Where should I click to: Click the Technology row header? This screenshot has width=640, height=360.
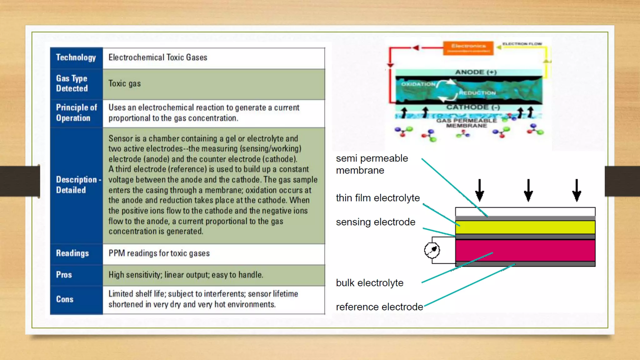(76, 57)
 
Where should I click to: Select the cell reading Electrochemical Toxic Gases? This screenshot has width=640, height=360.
(158, 57)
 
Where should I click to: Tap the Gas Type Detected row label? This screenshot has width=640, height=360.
(72, 83)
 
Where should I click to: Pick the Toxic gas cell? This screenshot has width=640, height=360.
(124, 84)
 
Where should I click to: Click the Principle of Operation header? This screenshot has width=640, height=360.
(76, 113)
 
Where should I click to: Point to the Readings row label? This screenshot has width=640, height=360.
(72, 253)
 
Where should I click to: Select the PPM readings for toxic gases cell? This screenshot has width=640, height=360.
(159, 253)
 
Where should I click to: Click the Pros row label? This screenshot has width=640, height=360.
(64, 275)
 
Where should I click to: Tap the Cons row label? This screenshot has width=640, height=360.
(65, 299)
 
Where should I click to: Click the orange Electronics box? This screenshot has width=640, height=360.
(468, 48)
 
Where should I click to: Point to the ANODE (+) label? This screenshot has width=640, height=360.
(476, 72)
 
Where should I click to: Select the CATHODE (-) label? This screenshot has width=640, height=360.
(473, 107)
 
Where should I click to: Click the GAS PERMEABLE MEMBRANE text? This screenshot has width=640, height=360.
(466, 123)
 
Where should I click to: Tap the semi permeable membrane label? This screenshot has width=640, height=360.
(372, 164)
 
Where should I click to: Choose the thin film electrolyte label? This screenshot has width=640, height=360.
(377, 198)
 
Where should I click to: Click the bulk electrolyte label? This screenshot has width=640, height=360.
(369, 283)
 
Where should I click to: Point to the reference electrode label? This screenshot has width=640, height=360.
(379, 307)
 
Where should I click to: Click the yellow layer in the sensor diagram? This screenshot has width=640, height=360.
(525, 227)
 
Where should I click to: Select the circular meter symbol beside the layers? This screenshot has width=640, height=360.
(432, 250)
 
